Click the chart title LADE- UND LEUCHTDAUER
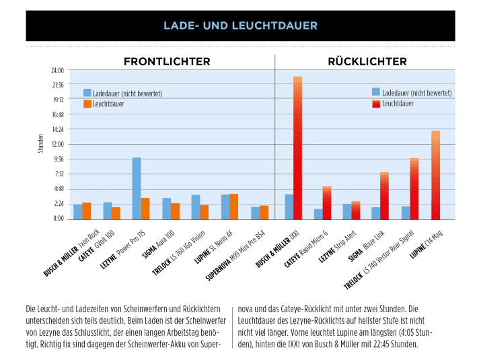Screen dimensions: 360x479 click(x=239, y=26)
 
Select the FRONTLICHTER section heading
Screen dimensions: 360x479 click(x=166, y=62)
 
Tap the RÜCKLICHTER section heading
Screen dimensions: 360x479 click(x=367, y=62)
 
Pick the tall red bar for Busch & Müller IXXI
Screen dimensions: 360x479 click(x=297, y=148)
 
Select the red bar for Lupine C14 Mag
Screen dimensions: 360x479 click(x=435, y=175)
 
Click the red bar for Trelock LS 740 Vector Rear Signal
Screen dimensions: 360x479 click(x=414, y=189)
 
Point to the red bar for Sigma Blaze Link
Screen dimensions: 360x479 click(x=384, y=196)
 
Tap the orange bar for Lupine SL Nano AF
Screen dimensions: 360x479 click(x=233, y=207)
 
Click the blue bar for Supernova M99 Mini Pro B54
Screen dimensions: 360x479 click(x=255, y=213)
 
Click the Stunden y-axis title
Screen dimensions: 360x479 click(x=41, y=144)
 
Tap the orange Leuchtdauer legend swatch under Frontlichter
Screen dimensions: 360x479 click(x=87, y=104)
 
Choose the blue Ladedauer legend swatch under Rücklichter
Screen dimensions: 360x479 click(x=375, y=92)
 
